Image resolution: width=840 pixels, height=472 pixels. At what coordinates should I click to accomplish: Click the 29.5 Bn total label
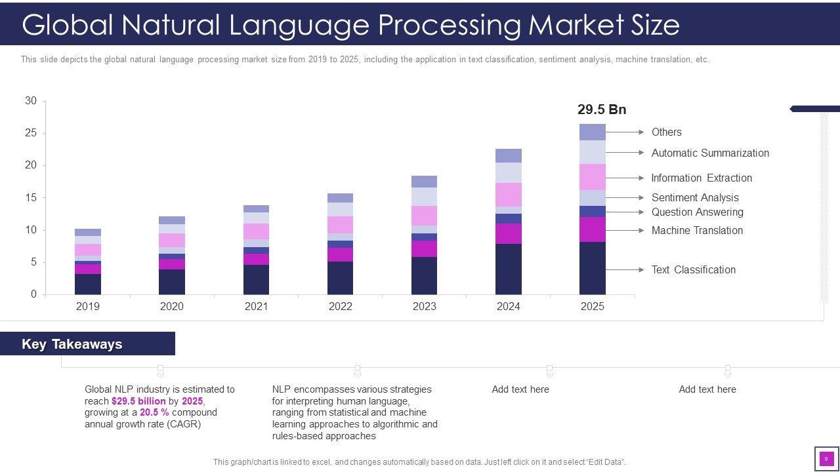pos(602,109)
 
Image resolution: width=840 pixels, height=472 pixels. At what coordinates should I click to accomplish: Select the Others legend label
pos(666,132)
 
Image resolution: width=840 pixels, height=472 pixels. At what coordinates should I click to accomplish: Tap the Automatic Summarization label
pos(710,153)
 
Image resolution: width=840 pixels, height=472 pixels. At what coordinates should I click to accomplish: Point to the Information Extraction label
pos(702,178)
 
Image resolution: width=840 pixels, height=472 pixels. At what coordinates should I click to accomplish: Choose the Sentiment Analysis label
pos(695,197)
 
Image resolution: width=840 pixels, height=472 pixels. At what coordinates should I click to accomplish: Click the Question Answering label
pos(697,212)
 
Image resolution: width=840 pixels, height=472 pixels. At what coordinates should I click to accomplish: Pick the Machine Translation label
pos(697,230)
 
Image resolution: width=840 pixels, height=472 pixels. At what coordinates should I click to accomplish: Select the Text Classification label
pos(693,269)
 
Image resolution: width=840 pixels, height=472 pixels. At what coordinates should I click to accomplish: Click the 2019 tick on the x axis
pos(88,306)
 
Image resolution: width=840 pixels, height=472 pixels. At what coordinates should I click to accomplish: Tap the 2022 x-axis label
pos(340,306)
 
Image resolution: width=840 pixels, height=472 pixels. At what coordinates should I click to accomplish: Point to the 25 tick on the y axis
pos(31,133)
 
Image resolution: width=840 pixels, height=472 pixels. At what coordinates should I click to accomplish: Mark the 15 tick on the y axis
pos(31,197)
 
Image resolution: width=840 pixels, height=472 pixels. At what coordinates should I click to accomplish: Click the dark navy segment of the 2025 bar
pos(592,268)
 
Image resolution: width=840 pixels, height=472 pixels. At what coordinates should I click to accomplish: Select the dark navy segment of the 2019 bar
pos(88,284)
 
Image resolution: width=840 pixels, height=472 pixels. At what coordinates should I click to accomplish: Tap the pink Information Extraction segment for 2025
pos(592,177)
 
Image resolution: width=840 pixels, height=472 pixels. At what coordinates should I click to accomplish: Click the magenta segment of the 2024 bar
pos(509,233)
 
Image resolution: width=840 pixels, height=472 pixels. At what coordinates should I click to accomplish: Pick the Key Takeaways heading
pos(72,344)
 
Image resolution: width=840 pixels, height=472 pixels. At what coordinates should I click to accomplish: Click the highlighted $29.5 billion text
pos(138,401)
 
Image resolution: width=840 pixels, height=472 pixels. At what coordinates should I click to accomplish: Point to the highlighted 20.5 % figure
pos(154,412)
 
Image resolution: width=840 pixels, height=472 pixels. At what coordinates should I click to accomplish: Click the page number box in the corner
pos(826,459)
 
